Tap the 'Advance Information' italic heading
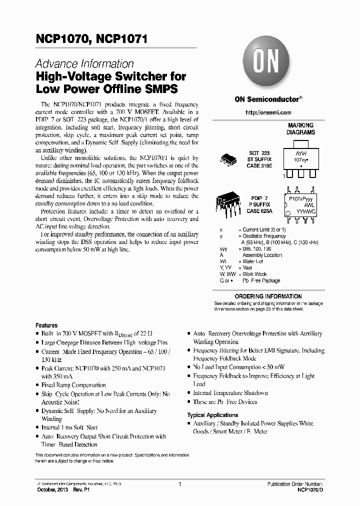84,64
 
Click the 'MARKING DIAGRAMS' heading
300,129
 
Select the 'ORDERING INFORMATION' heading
268,296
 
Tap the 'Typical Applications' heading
212,415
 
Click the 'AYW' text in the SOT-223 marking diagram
300,154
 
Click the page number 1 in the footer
179,484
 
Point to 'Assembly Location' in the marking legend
262,255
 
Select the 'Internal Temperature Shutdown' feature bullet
230,393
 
